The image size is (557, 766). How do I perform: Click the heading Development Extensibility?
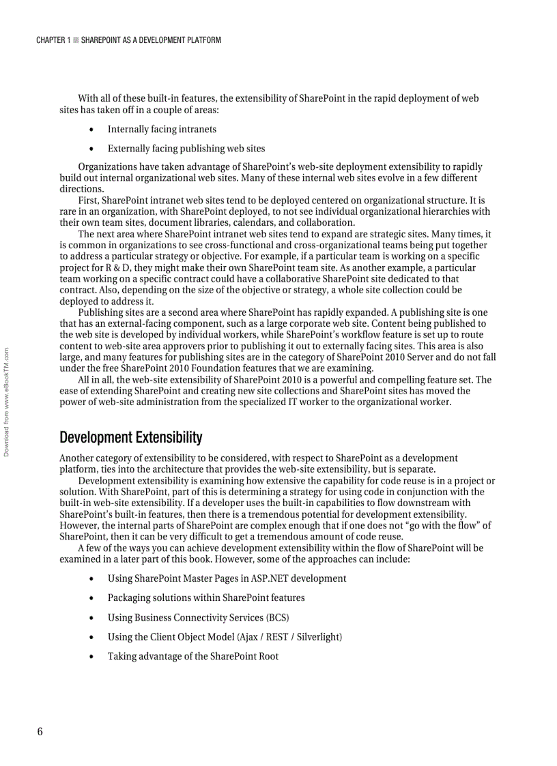pos(130,437)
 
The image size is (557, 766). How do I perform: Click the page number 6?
pos(40,731)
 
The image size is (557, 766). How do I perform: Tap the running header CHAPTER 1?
pos(53,40)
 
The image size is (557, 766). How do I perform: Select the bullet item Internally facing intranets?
pos(162,129)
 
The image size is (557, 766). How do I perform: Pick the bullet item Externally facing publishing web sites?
pos(186,148)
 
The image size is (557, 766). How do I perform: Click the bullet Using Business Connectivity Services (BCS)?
pos(198,617)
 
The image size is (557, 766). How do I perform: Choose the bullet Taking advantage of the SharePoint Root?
pos(192,656)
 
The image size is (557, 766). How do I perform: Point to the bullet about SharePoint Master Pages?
pos(227,578)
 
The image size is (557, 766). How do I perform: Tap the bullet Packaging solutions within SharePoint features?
pos(205,598)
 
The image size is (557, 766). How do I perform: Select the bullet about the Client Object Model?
pos(225,636)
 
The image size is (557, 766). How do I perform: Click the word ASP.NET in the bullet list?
pos(271,578)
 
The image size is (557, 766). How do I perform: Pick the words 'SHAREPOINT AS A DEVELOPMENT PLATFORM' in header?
pos(151,40)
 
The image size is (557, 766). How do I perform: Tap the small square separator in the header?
pos(76,40)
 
